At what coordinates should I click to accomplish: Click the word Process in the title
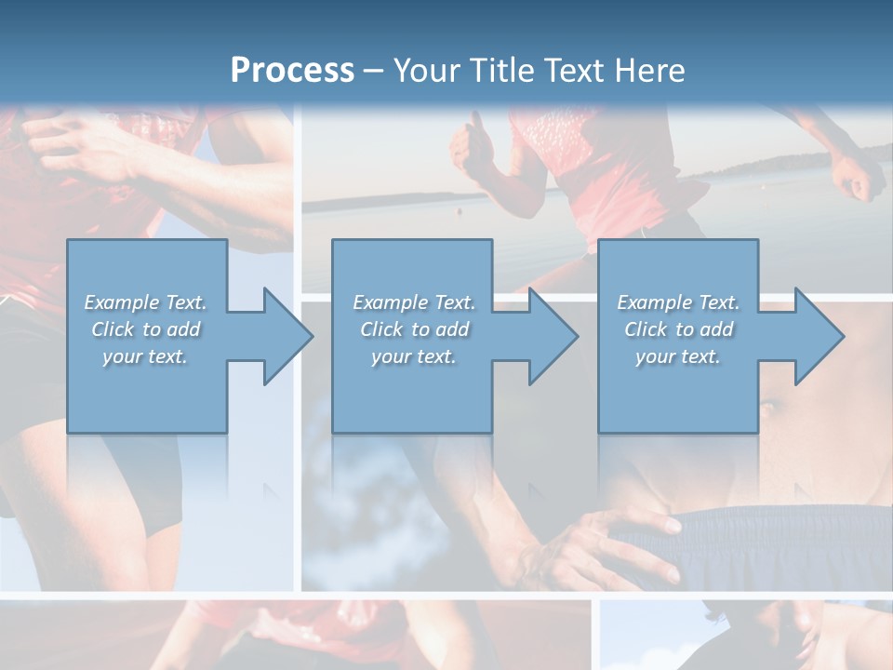[x=292, y=70]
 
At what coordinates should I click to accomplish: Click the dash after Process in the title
[x=374, y=71]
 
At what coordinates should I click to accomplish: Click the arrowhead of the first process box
[x=288, y=336]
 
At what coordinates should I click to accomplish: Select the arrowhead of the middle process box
[x=553, y=336]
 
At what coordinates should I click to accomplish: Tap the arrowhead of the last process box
[x=820, y=336]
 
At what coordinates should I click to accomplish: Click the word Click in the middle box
[x=381, y=329]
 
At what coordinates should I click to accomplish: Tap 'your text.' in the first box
[x=145, y=356]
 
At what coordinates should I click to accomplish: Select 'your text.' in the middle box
[x=414, y=356]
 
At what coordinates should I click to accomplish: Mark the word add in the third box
[x=717, y=329]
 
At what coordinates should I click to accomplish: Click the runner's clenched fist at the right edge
[x=856, y=177]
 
